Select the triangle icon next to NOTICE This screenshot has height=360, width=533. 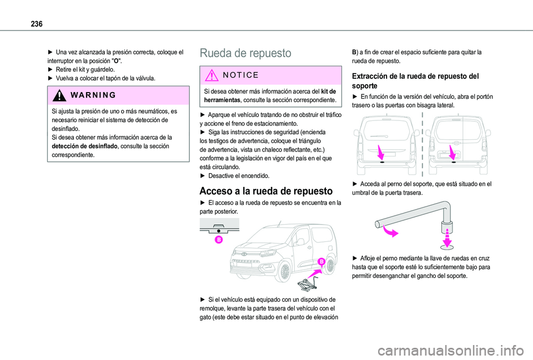(x=212, y=75)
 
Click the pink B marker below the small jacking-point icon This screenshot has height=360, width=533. (x=218, y=240)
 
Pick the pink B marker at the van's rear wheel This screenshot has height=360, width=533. (x=321, y=262)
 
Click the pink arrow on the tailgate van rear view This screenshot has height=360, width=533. (x=380, y=151)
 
